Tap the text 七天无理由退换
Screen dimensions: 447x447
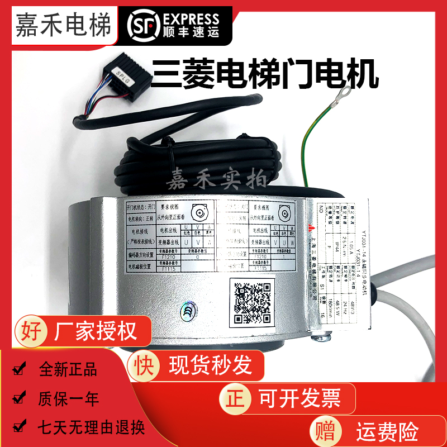click(x=91, y=428)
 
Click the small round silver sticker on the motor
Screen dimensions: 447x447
click(x=187, y=311)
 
